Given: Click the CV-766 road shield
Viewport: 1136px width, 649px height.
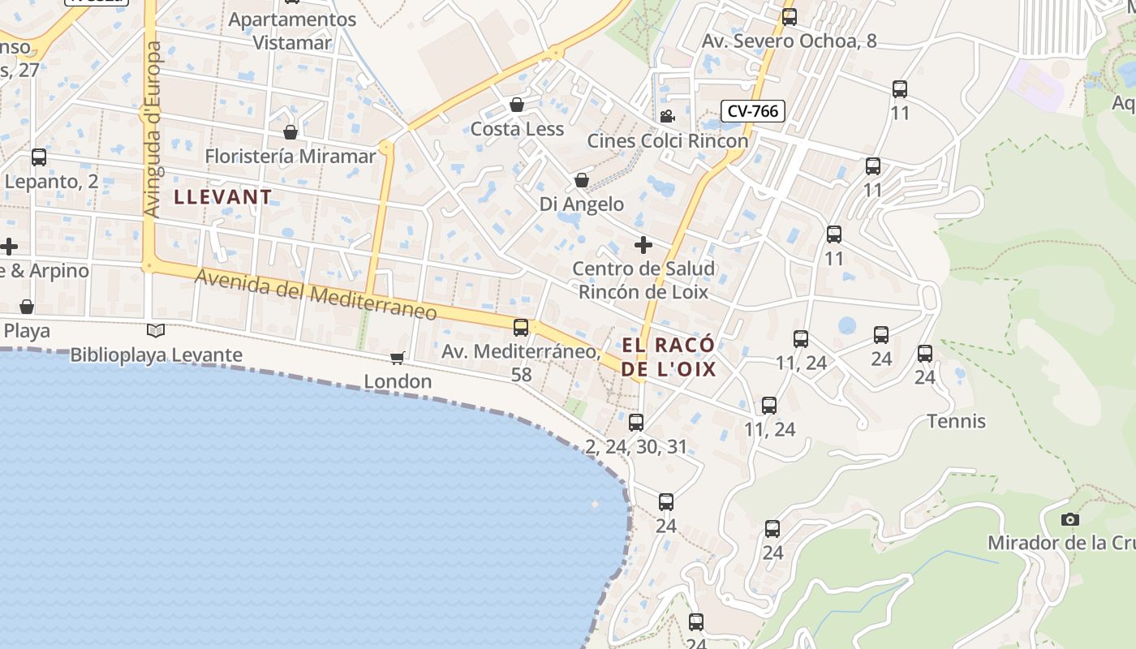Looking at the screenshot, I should coord(753,111).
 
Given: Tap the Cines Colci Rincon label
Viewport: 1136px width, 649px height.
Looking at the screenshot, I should coord(667,141).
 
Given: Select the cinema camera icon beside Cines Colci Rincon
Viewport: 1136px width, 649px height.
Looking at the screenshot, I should coord(667,116).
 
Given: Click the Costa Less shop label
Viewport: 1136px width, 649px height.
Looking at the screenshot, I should coord(517,129).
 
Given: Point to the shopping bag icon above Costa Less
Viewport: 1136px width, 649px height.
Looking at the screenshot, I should coord(517,105).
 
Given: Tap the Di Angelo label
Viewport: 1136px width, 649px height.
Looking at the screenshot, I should coord(582,204).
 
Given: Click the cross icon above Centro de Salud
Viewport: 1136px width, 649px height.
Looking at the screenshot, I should coord(643,244).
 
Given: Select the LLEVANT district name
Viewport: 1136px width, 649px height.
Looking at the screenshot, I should coord(223,197).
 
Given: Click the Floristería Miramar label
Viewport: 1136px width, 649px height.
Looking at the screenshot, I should coord(290,156).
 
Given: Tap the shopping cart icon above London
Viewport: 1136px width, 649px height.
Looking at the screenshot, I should coord(398,358).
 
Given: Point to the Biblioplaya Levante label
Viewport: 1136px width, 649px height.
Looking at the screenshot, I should coord(157,355).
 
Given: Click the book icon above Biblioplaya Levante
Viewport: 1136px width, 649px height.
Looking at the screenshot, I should coord(156,330).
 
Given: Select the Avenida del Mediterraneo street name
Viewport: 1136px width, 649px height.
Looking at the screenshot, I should coord(316,294).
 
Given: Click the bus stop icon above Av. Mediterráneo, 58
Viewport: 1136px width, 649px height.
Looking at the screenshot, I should coord(521,328).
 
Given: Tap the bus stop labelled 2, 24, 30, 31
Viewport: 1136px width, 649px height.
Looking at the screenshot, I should coord(636,423).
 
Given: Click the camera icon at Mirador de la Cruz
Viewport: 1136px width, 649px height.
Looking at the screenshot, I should coord(1070,519).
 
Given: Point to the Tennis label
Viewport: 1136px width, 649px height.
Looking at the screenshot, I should coord(957,421).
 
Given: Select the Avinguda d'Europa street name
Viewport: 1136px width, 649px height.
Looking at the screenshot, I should coord(152,130).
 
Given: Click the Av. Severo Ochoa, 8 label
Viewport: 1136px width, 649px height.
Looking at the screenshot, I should coord(790,41).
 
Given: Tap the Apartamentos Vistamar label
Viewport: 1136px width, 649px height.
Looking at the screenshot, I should coord(293,31).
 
